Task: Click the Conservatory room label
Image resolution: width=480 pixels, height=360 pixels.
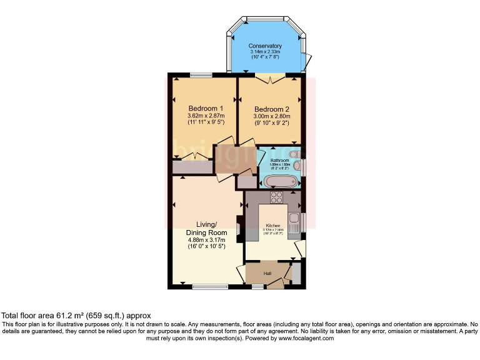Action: [265, 46]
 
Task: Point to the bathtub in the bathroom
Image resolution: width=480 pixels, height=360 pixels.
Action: [279, 182]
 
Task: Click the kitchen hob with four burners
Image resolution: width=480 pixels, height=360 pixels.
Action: [276, 197]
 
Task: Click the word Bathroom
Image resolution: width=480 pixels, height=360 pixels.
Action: [279, 161]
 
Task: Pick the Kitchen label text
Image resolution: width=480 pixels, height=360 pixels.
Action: [274, 225]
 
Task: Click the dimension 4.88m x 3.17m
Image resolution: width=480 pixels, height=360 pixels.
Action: [207, 239]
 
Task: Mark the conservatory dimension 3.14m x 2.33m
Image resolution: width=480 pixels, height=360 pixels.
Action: [265, 52]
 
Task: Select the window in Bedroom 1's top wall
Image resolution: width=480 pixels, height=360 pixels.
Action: [201, 76]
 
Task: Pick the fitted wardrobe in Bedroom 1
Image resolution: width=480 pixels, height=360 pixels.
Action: [191, 167]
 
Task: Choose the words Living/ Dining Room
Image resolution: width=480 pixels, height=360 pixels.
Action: [207, 228]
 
